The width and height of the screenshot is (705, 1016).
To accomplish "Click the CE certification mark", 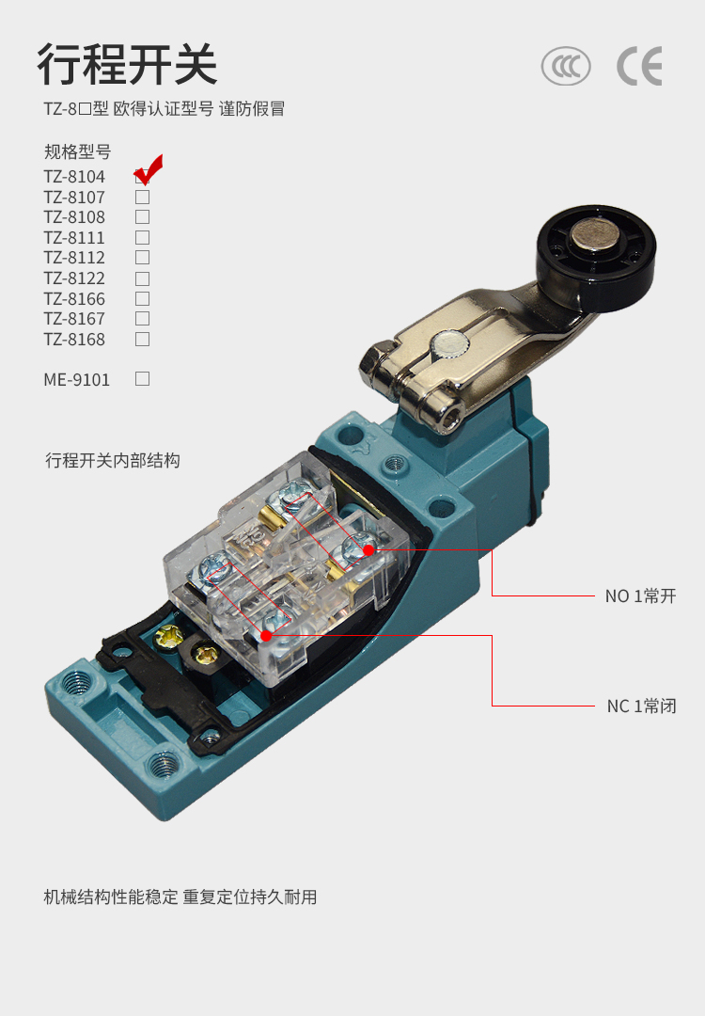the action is [x=639, y=66].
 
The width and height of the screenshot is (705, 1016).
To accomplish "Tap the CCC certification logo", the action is [x=566, y=66].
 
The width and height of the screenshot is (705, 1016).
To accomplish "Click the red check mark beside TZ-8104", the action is [x=149, y=169].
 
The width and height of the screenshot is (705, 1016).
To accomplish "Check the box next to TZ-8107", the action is [x=143, y=197].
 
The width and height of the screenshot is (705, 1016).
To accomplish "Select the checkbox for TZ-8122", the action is [x=143, y=278].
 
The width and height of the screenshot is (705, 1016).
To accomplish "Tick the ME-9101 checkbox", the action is [x=143, y=379].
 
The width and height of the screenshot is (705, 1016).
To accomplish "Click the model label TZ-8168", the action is [x=74, y=340].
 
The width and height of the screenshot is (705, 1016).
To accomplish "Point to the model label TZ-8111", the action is [x=74, y=238].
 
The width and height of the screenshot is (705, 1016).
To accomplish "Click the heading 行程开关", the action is [x=127, y=65].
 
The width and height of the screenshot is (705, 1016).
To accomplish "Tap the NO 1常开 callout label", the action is [x=640, y=596].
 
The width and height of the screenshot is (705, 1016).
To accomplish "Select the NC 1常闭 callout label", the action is [x=642, y=706].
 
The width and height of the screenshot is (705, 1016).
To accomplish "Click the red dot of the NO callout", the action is [x=368, y=550].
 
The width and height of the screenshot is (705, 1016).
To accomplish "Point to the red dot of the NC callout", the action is [x=266, y=636].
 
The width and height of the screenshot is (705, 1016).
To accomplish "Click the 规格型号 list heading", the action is [x=78, y=152].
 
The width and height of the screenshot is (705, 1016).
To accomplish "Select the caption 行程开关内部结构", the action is [x=113, y=461].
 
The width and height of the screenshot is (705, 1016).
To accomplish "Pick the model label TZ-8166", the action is [x=74, y=299].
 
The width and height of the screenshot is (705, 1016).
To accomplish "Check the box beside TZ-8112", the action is [x=143, y=258].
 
